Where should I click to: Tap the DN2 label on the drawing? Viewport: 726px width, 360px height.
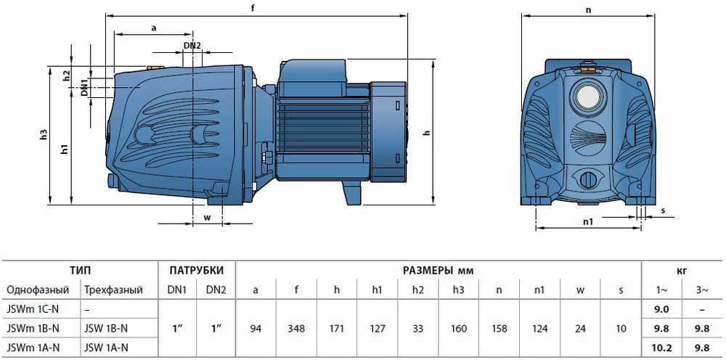192,45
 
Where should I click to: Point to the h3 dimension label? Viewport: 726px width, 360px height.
44,135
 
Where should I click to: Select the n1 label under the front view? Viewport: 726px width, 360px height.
588,221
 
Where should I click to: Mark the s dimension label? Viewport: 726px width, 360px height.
663,210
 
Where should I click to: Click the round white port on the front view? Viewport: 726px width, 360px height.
587,97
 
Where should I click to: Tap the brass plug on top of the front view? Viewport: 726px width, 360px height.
588,70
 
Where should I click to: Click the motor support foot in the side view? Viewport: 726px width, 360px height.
352,192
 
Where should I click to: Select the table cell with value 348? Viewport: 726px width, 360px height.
296,329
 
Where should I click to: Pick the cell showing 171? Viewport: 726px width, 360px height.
337,329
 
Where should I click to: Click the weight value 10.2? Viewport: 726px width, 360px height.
662,347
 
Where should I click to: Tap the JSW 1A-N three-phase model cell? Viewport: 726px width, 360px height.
106,347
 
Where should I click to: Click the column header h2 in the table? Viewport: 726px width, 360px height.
417,290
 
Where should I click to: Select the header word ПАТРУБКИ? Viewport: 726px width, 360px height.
196,270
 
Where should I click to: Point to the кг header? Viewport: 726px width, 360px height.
682,271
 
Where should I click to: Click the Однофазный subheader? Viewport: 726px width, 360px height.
38,290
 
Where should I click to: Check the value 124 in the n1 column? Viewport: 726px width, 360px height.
540,329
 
